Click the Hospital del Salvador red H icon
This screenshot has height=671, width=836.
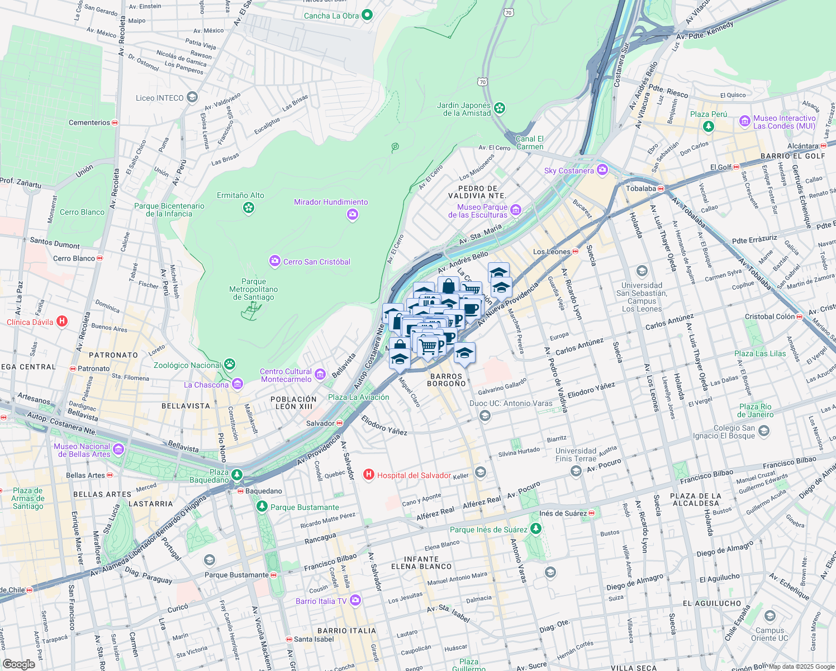coord(368,475)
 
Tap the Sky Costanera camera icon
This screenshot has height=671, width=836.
coord(602,170)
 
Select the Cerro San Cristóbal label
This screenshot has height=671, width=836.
coord(316,262)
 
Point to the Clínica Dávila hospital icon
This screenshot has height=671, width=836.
coord(62,322)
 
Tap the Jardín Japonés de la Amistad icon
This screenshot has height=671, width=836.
coord(500,108)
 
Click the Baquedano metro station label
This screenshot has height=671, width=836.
coord(263,491)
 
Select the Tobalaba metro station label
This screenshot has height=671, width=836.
coord(641,188)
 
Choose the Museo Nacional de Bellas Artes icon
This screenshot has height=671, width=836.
coord(118,449)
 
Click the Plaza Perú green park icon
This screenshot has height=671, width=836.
coord(709,126)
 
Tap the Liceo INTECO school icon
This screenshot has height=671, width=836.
coord(192,97)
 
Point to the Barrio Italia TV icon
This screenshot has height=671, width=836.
coord(355,601)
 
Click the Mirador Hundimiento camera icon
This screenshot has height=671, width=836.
coord(352,214)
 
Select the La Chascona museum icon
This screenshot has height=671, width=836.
coord(237,384)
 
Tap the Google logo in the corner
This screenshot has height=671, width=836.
coord(18,664)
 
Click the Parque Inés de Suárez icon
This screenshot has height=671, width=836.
coord(536,528)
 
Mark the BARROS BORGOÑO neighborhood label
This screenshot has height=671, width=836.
coord(446,380)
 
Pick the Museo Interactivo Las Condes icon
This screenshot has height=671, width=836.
coord(744,121)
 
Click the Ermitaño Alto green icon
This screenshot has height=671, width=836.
coord(249,208)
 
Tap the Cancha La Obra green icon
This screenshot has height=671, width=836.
coord(367,15)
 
